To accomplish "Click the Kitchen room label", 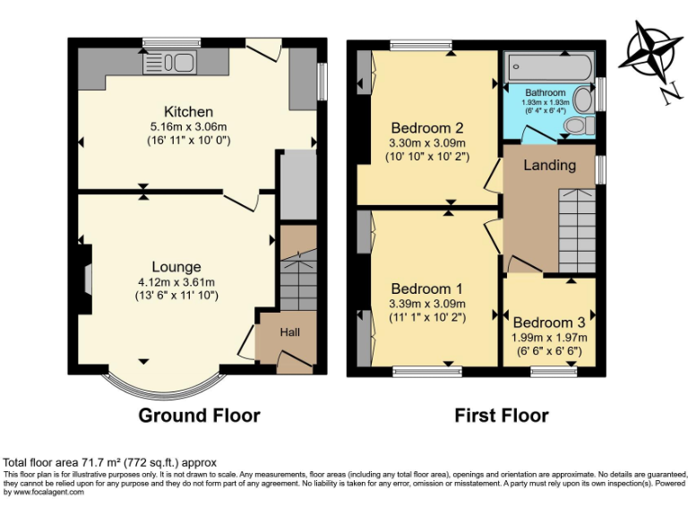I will [x=193, y=112].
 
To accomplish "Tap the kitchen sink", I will [x=175, y=64].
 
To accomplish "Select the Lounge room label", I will [x=176, y=267].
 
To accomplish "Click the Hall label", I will [x=290, y=332].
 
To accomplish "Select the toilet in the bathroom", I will [x=580, y=125].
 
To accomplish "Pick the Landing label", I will [x=549, y=166].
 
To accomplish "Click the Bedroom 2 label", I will [x=426, y=126].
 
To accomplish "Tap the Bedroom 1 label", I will [x=426, y=289].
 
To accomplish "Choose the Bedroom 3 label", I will [x=548, y=322].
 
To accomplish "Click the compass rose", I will [x=653, y=50].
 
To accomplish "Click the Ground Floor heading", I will [x=199, y=416].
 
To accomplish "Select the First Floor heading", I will [x=502, y=416].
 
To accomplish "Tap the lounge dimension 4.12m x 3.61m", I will [x=176, y=282].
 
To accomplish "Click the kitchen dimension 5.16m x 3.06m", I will [x=193, y=127].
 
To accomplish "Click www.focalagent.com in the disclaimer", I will [x=45, y=492].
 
